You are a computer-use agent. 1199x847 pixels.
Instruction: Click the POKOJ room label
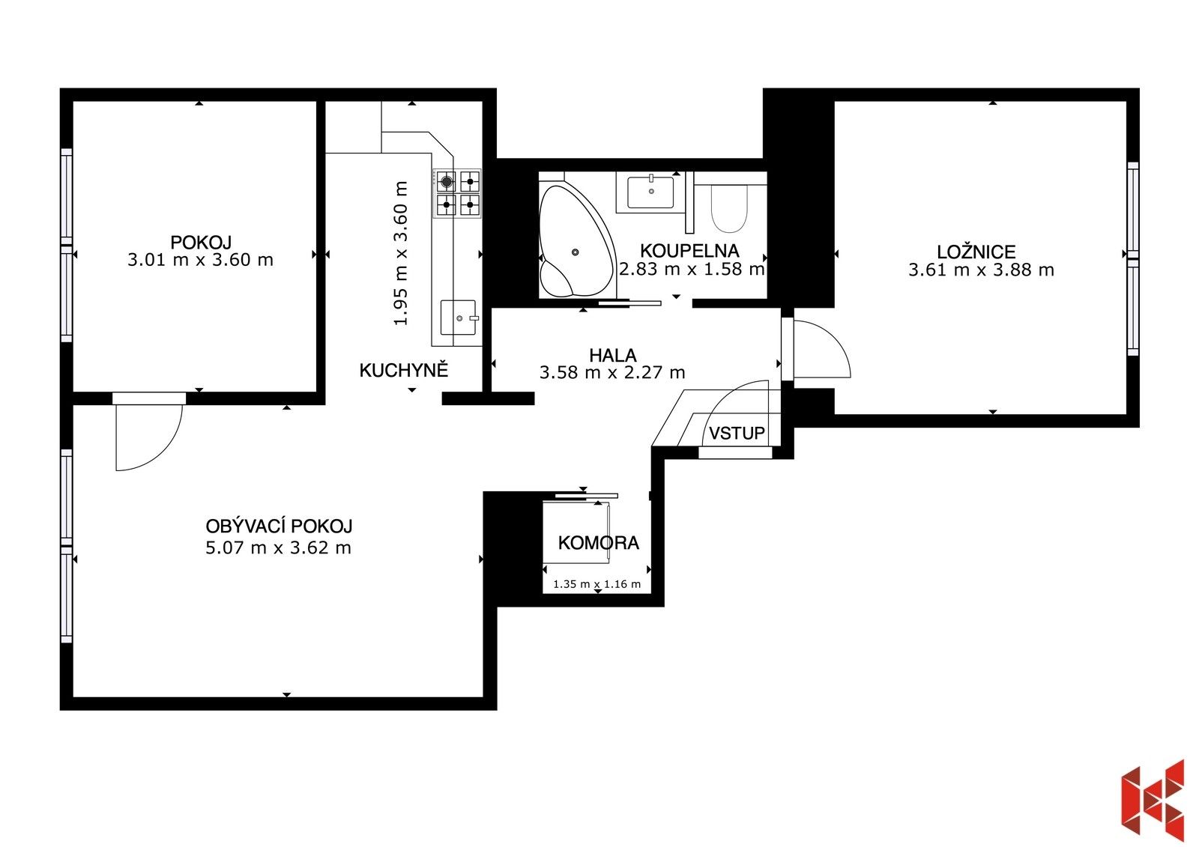201,242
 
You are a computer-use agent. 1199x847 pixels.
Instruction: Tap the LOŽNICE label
976,252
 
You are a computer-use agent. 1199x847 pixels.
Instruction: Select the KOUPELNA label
689,251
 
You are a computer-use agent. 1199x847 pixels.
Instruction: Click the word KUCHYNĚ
403,370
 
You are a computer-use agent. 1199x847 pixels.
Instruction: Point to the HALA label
612,355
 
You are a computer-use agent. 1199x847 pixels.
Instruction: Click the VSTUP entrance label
737,433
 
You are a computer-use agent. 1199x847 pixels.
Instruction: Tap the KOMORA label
598,542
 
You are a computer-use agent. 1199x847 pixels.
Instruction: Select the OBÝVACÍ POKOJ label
279,526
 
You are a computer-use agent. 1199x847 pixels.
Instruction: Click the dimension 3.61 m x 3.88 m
980,270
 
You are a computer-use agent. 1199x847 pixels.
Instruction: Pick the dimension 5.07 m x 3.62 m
278,547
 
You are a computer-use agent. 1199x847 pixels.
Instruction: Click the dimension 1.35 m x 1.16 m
597,584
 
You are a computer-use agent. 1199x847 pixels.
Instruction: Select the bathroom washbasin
650,192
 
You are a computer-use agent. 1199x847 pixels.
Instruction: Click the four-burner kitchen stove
457,193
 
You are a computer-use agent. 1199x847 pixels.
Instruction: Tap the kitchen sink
458,317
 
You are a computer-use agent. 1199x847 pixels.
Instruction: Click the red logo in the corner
1153,800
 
